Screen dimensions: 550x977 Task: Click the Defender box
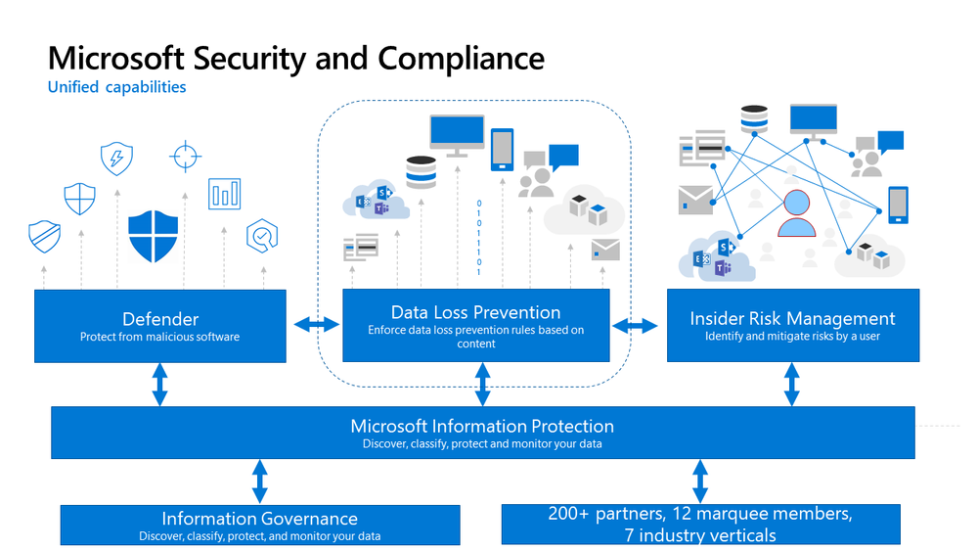pos(160,326)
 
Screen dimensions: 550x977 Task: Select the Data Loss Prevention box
pos(476,326)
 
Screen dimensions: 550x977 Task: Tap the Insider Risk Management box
pos(792,326)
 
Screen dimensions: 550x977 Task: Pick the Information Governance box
pos(259,525)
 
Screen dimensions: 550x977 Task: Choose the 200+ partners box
pos(699,525)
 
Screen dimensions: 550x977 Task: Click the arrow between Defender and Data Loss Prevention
pos(315,325)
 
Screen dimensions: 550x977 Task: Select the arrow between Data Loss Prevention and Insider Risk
pos(636,325)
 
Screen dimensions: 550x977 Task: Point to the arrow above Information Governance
pos(259,481)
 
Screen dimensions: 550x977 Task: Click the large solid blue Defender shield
pos(155,235)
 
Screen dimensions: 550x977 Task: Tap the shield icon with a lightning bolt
pos(116,159)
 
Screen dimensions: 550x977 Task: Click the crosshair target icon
pos(185,156)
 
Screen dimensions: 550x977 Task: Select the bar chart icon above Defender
pos(224,194)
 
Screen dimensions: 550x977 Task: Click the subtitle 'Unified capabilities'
pos(116,87)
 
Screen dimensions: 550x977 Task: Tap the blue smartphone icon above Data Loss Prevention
pos(502,149)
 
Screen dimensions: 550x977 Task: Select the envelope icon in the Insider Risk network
pos(695,200)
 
